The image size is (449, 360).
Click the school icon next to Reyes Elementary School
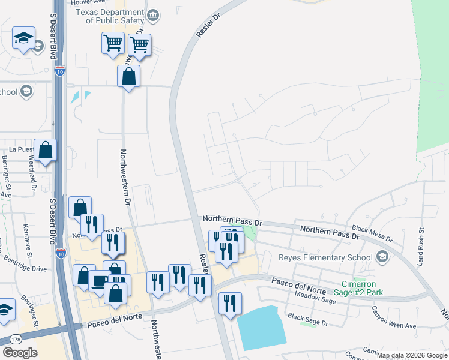coord(381,257)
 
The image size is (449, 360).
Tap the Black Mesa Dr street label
coord(372,233)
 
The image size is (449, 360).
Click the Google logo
coord(19,353)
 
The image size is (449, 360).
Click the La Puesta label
coord(19,149)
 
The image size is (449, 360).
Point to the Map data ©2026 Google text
coord(412,355)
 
